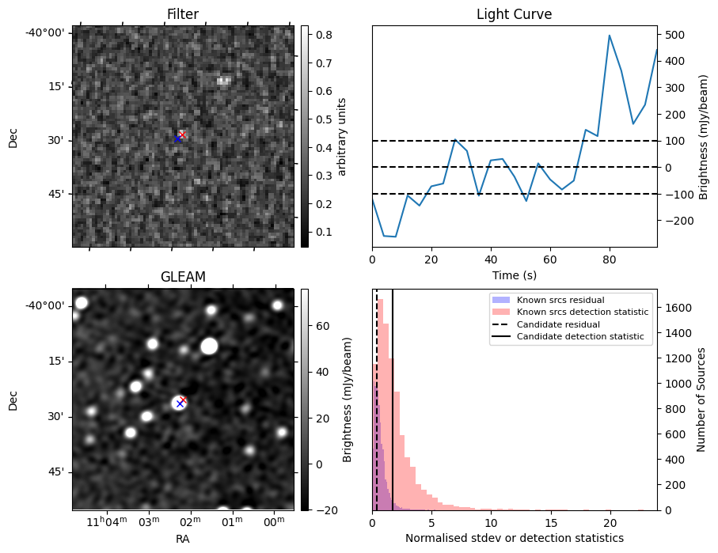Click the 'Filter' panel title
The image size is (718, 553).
pyautogui.click(x=182, y=14)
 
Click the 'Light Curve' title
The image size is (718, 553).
pyautogui.click(x=514, y=14)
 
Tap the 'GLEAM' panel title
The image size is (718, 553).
pyautogui.click(x=182, y=277)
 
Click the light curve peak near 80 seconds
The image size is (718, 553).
pyautogui.click(x=610, y=36)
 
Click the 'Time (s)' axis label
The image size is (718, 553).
pyautogui.click(x=514, y=275)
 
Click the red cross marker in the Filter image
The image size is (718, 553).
pyautogui.click(x=183, y=134)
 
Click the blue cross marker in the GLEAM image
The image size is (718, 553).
pyautogui.click(x=180, y=403)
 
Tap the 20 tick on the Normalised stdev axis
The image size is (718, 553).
pyautogui.click(x=610, y=522)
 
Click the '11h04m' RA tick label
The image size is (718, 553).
pyautogui.click(x=107, y=522)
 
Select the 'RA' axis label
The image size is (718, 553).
pyautogui.click(x=182, y=538)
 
